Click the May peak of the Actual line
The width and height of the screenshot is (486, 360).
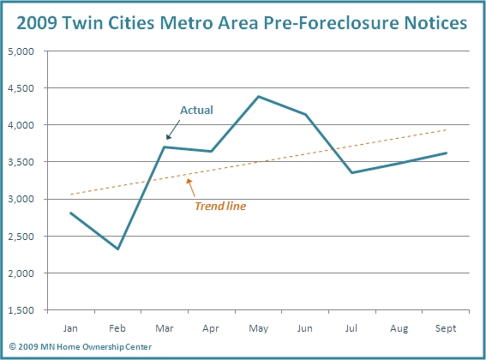(259, 97)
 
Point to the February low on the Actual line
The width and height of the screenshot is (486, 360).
(117, 249)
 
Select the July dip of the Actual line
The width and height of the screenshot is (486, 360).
(352, 172)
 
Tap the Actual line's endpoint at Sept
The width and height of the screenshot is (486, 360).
(446, 153)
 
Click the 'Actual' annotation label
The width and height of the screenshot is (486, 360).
(196, 110)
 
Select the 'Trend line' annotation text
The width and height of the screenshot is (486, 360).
(220, 207)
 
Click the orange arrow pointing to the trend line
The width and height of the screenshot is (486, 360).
(190, 188)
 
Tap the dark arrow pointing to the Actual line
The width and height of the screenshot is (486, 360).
(173, 130)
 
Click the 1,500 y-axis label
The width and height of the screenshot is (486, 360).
(21, 310)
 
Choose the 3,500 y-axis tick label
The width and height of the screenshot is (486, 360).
(21, 162)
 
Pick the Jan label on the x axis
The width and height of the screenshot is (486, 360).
(70, 328)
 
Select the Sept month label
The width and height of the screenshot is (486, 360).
(446, 328)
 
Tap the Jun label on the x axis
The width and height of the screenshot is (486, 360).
(304, 328)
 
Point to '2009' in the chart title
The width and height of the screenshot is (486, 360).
(37, 22)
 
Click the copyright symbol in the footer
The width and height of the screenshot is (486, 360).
(12, 346)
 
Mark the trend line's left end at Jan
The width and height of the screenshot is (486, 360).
(71, 195)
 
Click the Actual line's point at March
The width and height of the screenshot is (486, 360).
(165, 147)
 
